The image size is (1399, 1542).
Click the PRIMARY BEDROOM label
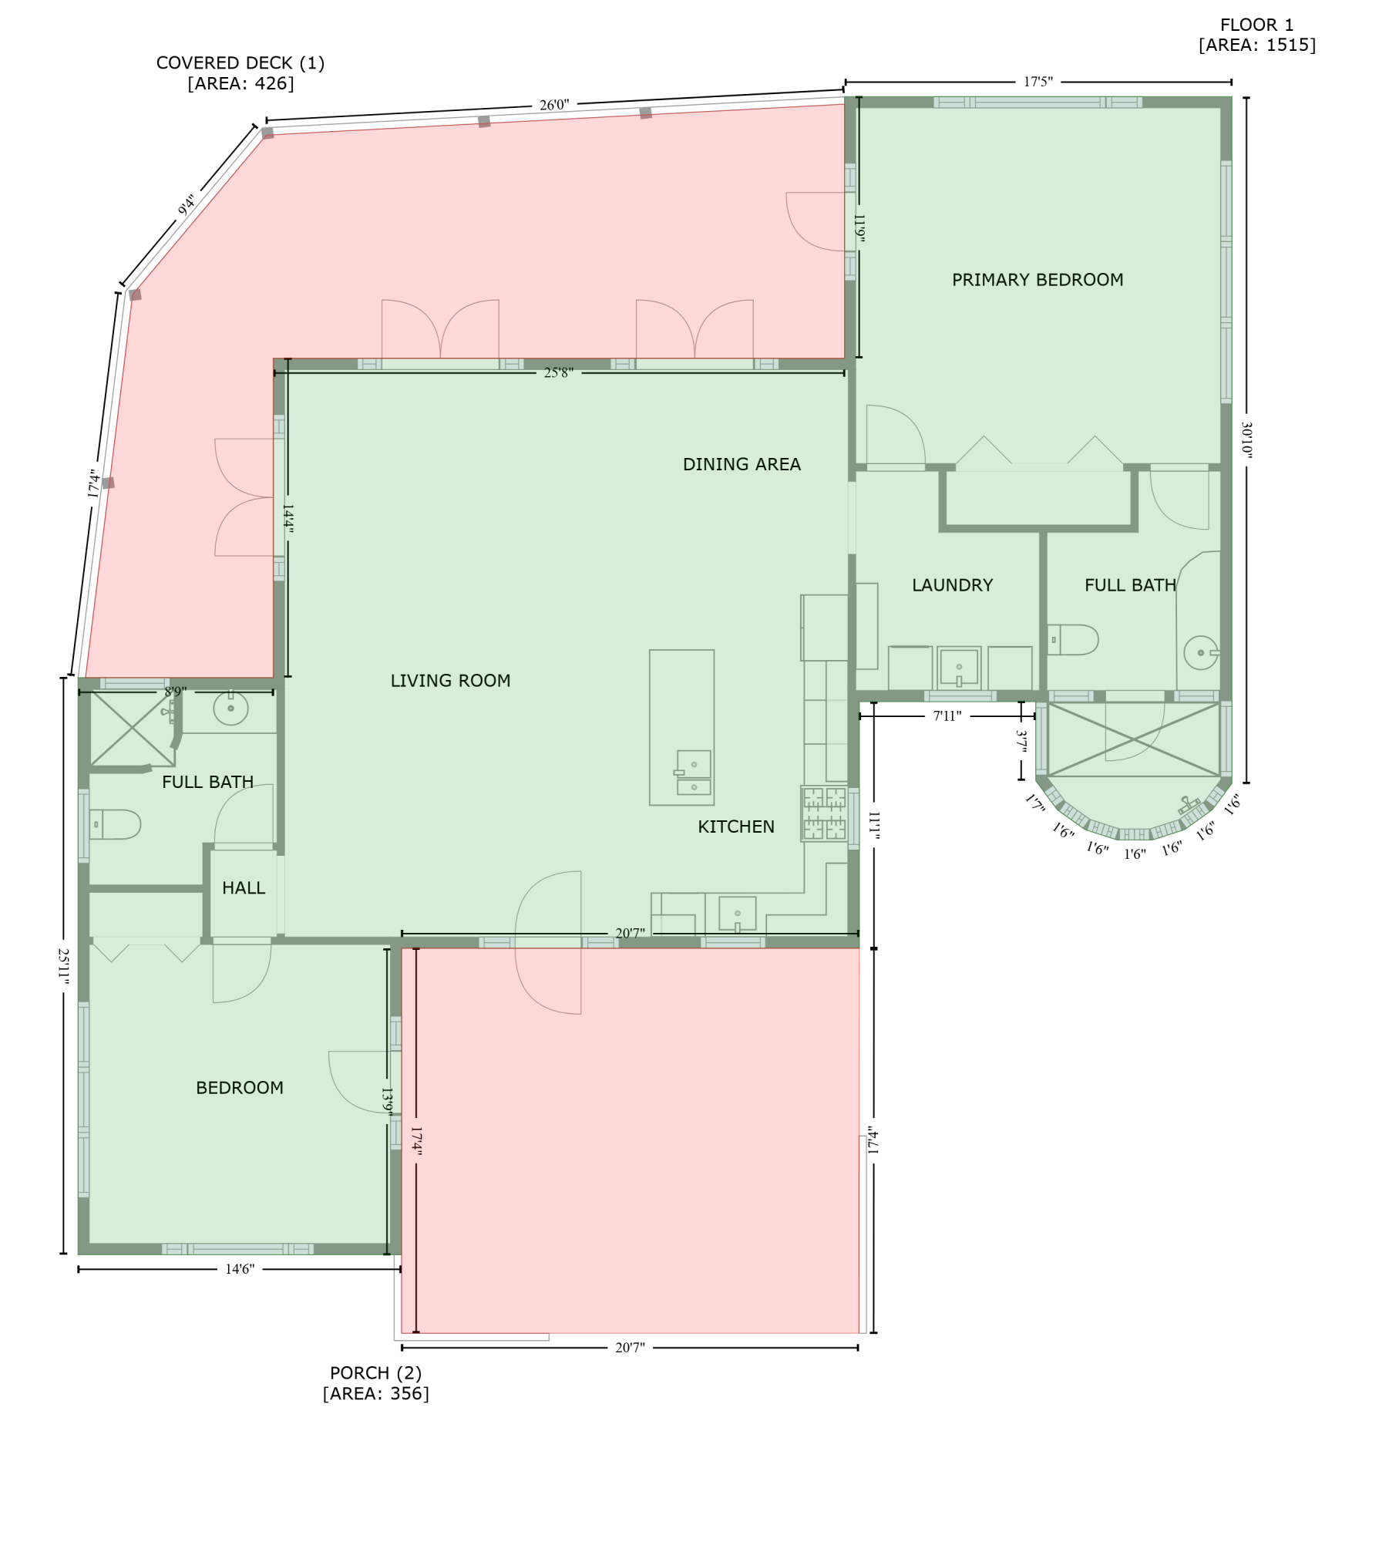(1037, 280)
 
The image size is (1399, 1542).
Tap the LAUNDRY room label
(952, 585)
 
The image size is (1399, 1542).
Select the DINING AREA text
(742, 464)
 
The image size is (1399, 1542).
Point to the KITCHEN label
(736, 827)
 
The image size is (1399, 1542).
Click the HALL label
(244, 888)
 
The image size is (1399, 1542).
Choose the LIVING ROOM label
(450, 681)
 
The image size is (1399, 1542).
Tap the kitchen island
(681, 727)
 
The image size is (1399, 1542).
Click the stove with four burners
(824, 813)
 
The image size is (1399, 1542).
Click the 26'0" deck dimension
(554, 105)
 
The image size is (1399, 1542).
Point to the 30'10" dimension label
(1246, 439)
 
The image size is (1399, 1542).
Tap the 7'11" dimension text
(947, 716)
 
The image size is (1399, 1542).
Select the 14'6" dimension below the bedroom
(240, 1269)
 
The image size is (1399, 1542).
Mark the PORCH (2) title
(376, 1373)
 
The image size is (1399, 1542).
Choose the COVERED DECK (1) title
(240, 63)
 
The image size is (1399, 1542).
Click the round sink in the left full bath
(230, 708)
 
